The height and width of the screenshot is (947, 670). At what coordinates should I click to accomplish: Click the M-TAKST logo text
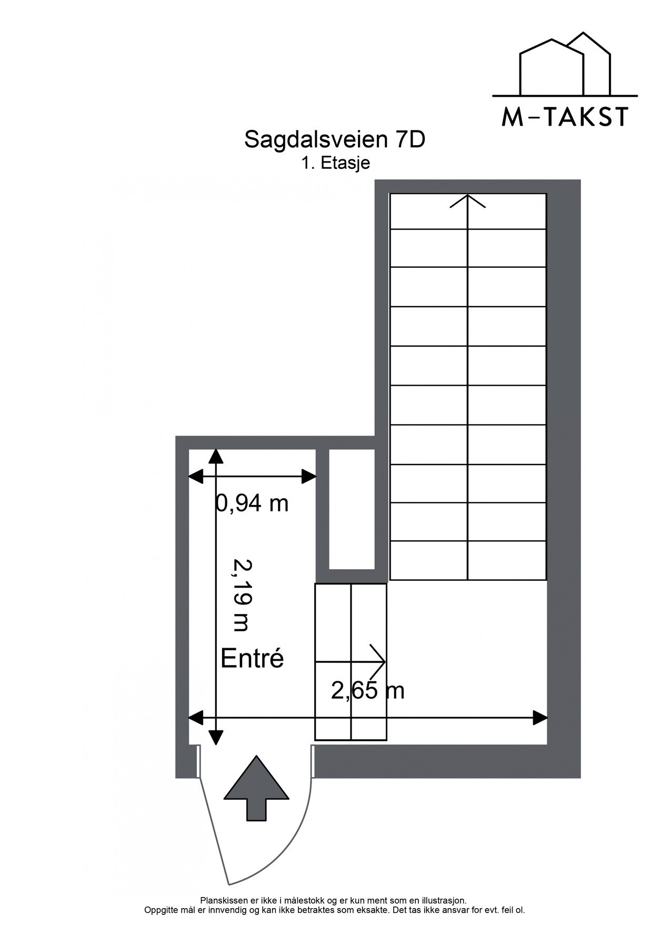coord(565,117)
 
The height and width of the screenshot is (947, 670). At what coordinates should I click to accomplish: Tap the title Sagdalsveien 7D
coord(334,139)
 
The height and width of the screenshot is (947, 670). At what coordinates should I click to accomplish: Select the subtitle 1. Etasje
coord(335,163)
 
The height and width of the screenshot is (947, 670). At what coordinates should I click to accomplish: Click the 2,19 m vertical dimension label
coord(242,595)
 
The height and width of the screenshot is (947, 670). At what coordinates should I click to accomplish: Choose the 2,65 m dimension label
coord(367,690)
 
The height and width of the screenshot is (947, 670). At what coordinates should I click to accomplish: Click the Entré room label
coord(252,658)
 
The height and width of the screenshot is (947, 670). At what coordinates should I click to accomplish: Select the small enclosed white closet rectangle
coord(352,509)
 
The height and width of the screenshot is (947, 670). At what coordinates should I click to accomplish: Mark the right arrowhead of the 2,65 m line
coord(541,718)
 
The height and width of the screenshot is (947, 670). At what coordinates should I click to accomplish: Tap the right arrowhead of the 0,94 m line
coord(309,477)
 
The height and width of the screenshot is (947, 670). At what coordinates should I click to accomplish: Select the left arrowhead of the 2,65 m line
coord(196,718)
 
